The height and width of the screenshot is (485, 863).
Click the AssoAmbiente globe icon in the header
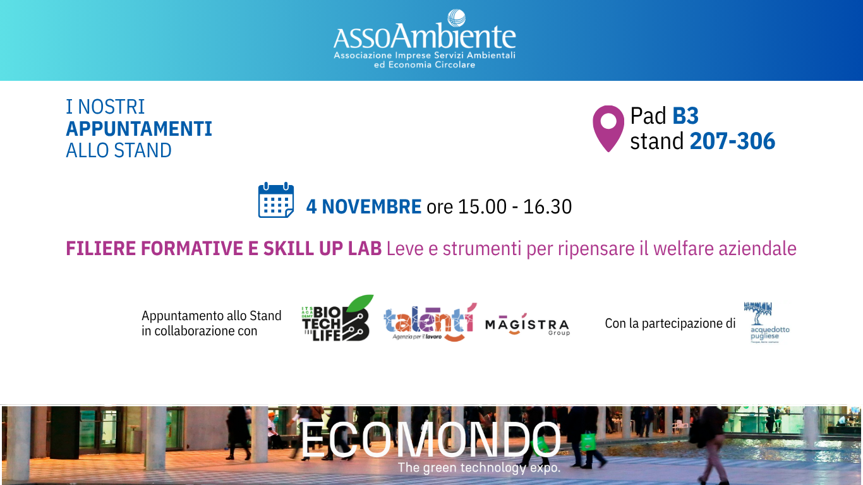(456, 19)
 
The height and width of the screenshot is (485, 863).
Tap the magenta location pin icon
(608, 128)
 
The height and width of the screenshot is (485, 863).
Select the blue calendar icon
(276, 200)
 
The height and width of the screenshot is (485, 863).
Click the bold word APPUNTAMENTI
(139, 129)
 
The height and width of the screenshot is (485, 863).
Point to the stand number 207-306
(732, 141)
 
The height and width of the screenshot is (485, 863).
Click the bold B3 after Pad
(685, 116)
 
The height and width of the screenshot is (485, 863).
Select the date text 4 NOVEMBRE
(364, 207)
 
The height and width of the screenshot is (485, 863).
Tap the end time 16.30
(547, 207)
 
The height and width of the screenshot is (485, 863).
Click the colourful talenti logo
(430, 321)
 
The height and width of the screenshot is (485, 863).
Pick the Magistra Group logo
(527, 325)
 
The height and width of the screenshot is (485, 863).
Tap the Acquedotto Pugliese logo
(766, 322)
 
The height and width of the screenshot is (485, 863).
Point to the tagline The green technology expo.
(479, 468)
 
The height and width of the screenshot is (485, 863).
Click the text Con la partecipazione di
(670, 323)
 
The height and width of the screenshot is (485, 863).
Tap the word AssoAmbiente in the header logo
(425, 39)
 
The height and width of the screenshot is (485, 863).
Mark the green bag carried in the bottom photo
(588, 441)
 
